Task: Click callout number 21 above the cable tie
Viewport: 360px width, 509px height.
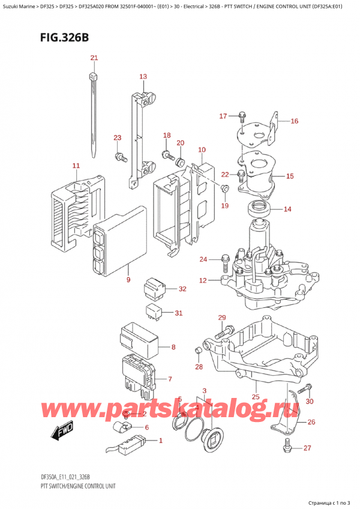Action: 94,58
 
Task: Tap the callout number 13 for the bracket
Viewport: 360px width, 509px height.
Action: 143,77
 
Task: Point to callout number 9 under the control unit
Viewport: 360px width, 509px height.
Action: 128,280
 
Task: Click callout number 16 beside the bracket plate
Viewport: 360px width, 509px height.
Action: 294,121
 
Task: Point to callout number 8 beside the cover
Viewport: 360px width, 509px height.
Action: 173,347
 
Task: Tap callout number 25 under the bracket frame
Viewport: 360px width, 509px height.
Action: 255,397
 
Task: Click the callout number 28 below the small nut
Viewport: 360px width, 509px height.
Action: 199,367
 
